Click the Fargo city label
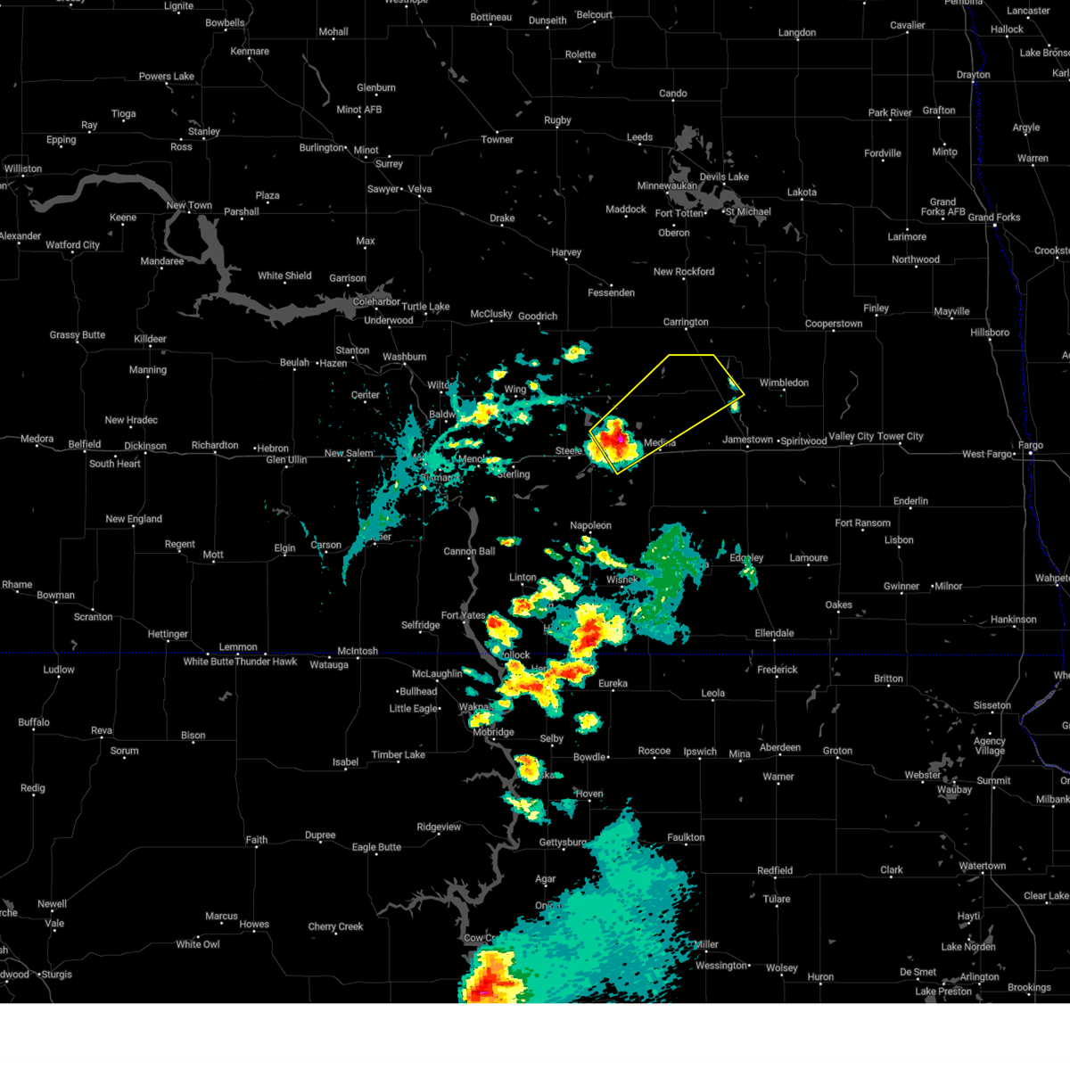pos(1030,445)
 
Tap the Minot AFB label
pos(359,110)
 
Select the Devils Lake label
pos(724,177)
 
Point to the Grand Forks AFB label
pos(942,207)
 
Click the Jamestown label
pos(747,440)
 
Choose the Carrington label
pos(686,322)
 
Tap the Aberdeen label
pos(779,747)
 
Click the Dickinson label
pos(144,446)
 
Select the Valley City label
pos(853,436)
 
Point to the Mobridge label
pos(493,732)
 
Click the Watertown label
pos(982,866)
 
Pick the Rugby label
pos(557,120)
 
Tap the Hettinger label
pos(168,634)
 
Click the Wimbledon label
pos(784,383)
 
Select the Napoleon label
pos(590,525)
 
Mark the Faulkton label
pos(686,837)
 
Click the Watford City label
pos(72,244)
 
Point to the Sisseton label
pos(992,705)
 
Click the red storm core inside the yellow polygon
pos(613,438)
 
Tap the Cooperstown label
pos(833,324)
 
